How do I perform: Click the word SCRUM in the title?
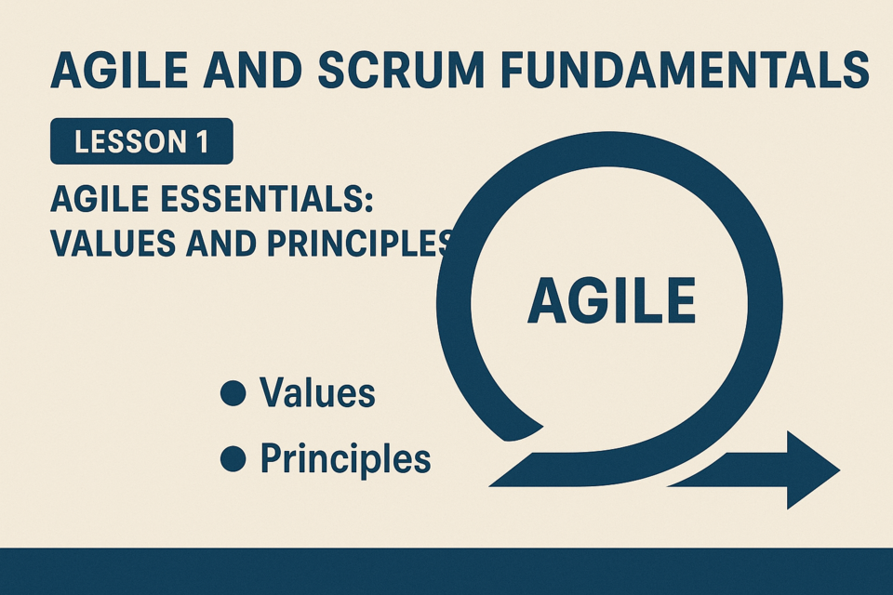tap(400, 71)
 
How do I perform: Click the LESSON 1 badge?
tap(141, 141)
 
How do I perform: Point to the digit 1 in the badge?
tap(203, 141)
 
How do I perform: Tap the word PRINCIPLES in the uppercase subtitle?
tap(360, 244)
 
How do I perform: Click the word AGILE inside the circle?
tap(612, 300)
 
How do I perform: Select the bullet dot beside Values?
tap(233, 393)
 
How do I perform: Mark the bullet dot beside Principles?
tap(233, 459)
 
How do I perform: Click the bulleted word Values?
tap(317, 392)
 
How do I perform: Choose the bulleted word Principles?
tap(346, 459)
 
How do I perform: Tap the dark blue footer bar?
tap(446, 571)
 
